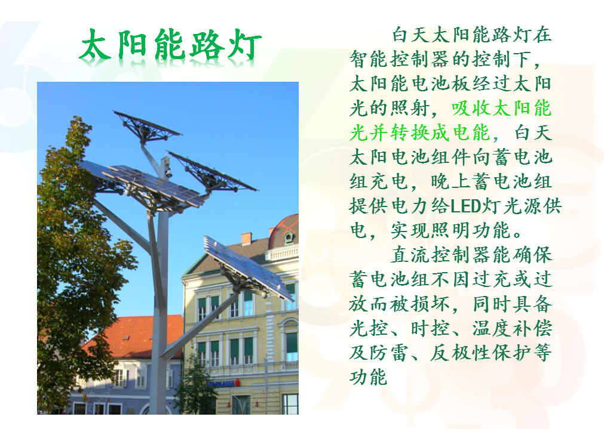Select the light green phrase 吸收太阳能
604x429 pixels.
501,109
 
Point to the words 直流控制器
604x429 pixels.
441,255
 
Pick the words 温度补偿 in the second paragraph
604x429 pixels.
513,329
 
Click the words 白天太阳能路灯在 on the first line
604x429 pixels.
472,35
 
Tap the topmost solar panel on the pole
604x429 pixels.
147,125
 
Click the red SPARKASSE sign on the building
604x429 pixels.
223,383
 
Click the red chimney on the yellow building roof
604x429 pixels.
246,239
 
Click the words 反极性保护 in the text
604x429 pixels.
482,353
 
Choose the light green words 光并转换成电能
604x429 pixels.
420,133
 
